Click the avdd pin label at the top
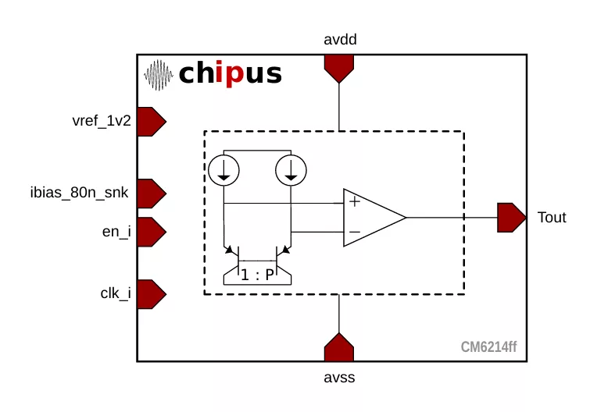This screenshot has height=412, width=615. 340,39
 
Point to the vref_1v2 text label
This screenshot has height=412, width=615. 101,121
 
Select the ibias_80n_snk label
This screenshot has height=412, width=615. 79,192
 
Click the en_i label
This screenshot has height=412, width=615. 116,231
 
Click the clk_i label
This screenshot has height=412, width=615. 115,293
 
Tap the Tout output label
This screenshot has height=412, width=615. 552,218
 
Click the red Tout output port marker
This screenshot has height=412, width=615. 511,218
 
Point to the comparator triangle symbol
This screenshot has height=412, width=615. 371,218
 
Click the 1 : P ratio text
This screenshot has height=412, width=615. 256,275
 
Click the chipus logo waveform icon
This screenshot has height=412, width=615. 159,75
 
